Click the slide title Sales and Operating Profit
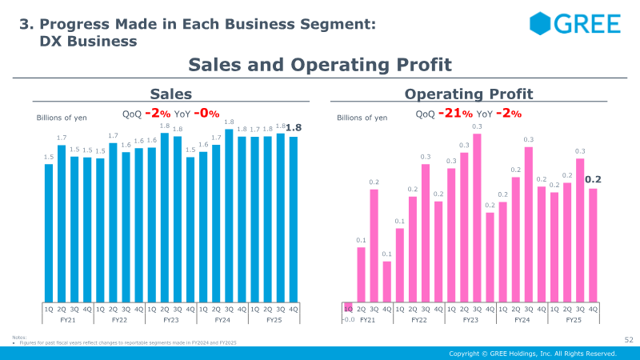320,64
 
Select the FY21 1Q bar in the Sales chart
49,232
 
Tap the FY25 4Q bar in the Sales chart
294,218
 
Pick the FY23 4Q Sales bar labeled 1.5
190,229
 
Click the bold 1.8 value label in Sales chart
294,127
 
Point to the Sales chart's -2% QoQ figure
159,114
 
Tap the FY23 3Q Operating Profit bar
478,217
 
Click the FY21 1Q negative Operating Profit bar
348,306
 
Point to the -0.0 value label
348,319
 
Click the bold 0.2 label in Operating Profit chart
593,180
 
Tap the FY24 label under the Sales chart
222,319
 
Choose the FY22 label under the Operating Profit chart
419,319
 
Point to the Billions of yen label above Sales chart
62,118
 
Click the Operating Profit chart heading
469,94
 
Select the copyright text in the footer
532,353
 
